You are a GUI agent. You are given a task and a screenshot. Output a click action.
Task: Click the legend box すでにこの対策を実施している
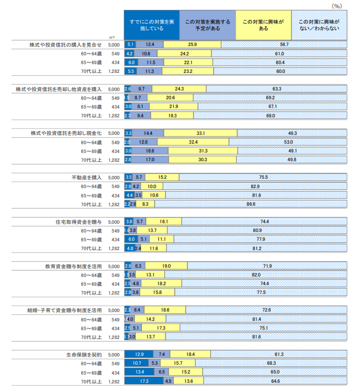pos(152,25)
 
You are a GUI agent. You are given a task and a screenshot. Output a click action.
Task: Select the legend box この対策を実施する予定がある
pos(207,25)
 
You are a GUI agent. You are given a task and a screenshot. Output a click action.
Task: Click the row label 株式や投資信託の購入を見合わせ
pos(65,44)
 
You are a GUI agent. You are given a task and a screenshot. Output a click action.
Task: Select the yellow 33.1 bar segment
pos(201,133)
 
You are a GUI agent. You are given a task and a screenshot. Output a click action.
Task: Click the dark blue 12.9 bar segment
pos(139,355)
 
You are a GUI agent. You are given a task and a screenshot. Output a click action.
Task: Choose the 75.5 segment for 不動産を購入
pos(263,177)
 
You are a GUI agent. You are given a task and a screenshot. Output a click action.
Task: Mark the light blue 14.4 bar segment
pos(148,133)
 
